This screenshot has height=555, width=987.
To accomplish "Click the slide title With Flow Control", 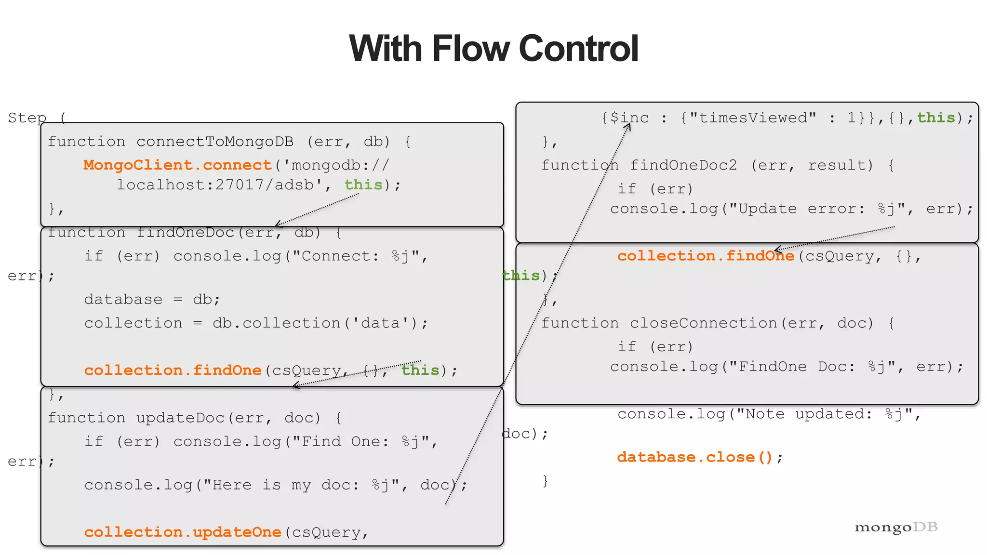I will [493, 49].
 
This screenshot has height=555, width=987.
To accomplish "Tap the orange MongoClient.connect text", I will [177, 165].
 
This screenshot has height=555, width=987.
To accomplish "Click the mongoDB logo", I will [896, 527].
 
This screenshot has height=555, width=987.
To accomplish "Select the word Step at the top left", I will [27, 118].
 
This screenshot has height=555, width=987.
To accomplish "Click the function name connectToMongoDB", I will [215, 142].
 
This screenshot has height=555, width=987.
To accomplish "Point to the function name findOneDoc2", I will [683, 165].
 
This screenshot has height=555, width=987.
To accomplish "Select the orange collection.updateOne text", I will [183, 532].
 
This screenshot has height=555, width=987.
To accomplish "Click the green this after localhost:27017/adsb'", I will [363, 185].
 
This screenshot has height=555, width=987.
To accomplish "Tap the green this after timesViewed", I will [936, 118].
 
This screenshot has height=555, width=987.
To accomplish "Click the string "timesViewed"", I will [753, 118].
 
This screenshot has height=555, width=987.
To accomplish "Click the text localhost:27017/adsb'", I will [219, 185].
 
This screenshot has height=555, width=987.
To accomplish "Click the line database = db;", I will [152, 300].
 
